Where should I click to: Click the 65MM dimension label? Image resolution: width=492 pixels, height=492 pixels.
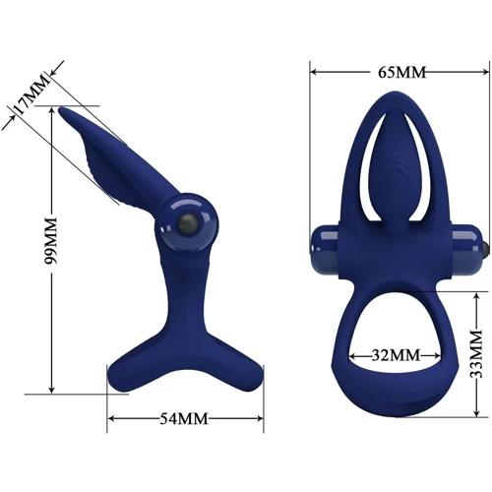click(x=401, y=73)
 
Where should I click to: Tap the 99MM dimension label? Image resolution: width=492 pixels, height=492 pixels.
click(x=51, y=240)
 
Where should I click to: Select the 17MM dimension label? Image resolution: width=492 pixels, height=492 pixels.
click(x=31, y=94)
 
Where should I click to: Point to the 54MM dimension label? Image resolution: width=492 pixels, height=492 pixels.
click(x=184, y=419)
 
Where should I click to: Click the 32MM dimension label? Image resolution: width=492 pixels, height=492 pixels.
click(x=396, y=355)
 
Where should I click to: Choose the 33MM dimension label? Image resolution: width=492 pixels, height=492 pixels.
click(x=476, y=354)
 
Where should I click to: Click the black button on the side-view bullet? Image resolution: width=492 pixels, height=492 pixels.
click(x=188, y=224)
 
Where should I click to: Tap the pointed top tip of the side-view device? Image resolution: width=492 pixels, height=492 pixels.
click(x=61, y=109)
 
